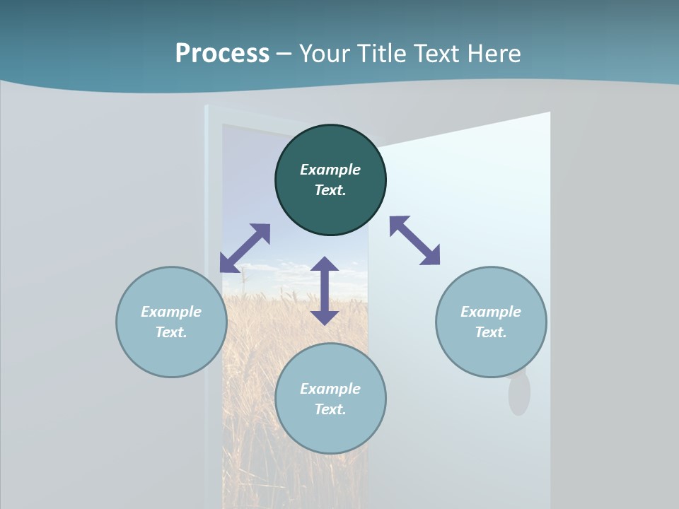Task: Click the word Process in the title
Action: pyautogui.click(x=222, y=54)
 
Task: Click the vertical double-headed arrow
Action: pyautogui.click(x=325, y=291)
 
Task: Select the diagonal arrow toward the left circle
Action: pyautogui.click(x=245, y=248)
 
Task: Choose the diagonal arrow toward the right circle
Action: pyautogui.click(x=415, y=240)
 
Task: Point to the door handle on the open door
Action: pyautogui.click(x=519, y=394)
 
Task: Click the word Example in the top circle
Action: pyautogui.click(x=330, y=170)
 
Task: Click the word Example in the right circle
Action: pyautogui.click(x=491, y=312)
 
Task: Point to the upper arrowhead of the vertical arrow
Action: pyautogui.click(x=325, y=264)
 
